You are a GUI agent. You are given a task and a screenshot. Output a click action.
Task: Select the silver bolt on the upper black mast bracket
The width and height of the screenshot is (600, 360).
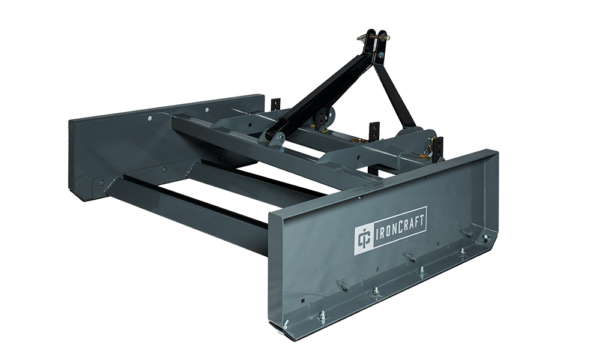[381, 55]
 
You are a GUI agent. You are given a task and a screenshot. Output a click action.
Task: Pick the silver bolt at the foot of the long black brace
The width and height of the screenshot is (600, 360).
[281, 137]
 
